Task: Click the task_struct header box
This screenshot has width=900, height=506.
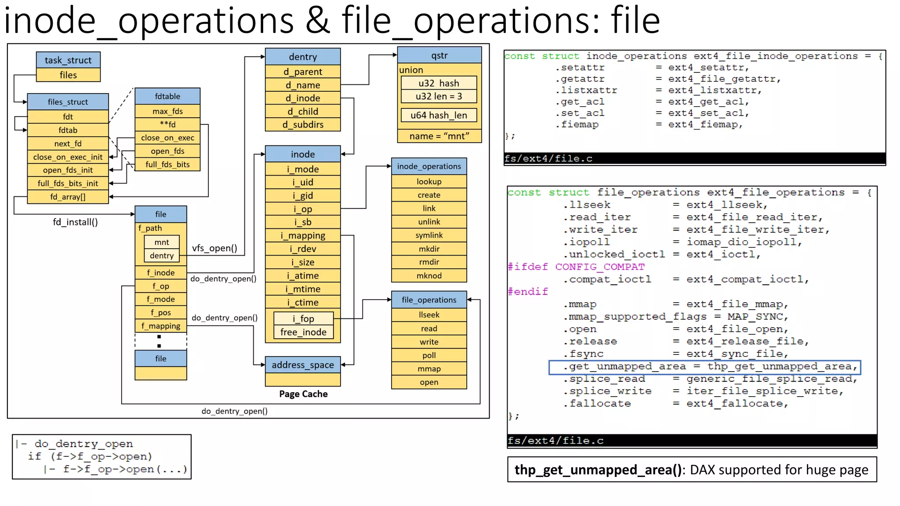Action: click(68, 60)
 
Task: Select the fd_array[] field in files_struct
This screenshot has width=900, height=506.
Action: click(68, 197)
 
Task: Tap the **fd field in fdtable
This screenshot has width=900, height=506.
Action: click(167, 124)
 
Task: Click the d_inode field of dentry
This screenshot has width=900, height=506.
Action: click(303, 98)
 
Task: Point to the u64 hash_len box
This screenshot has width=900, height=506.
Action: click(439, 115)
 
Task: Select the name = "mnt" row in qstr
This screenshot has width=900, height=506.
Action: click(439, 136)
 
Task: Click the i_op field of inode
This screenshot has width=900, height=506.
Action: click(303, 209)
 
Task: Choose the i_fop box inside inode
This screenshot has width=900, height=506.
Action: click(303, 318)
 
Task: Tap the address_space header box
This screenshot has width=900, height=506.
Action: click(303, 365)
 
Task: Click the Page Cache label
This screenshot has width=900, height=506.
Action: click(303, 394)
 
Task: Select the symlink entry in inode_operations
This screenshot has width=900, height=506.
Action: click(429, 235)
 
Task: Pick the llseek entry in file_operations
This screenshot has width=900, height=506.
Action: click(429, 315)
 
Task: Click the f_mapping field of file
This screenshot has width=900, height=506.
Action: click(161, 326)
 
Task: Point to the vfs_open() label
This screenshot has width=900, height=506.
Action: click(214, 248)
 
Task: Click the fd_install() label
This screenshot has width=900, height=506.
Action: click(75, 222)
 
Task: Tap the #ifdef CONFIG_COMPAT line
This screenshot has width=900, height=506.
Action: click(576, 267)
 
